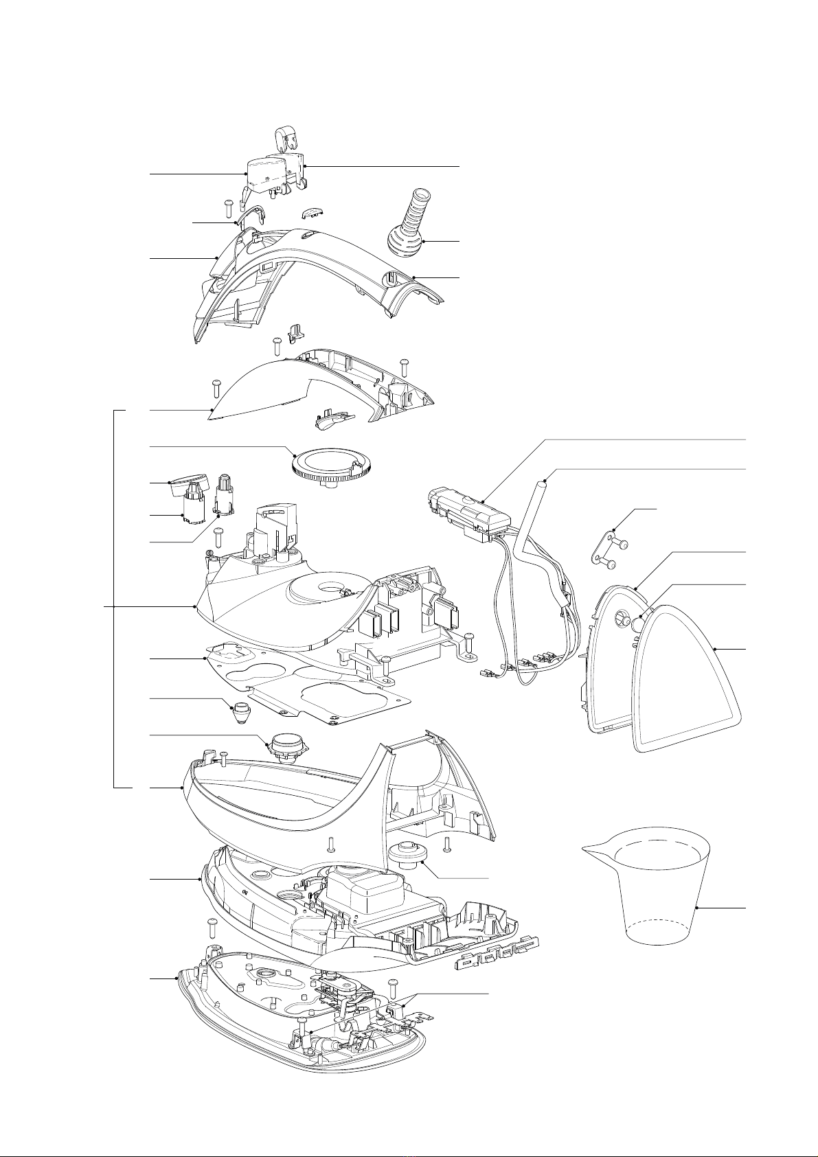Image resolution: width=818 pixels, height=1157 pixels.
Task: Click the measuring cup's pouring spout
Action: pos(592,852)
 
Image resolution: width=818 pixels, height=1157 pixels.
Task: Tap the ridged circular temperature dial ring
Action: pos(332,466)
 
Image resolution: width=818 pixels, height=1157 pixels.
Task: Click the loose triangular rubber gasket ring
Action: pos(687,680)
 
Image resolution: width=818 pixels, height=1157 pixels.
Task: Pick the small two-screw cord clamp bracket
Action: pos(604,550)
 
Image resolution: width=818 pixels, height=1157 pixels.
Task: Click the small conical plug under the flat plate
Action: pos(238,714)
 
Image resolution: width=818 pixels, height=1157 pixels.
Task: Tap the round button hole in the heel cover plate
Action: pos(623,616)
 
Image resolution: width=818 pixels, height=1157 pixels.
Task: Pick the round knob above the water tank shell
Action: pos(285,746)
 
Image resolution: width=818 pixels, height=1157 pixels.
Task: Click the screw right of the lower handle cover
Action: pos(405,364)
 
